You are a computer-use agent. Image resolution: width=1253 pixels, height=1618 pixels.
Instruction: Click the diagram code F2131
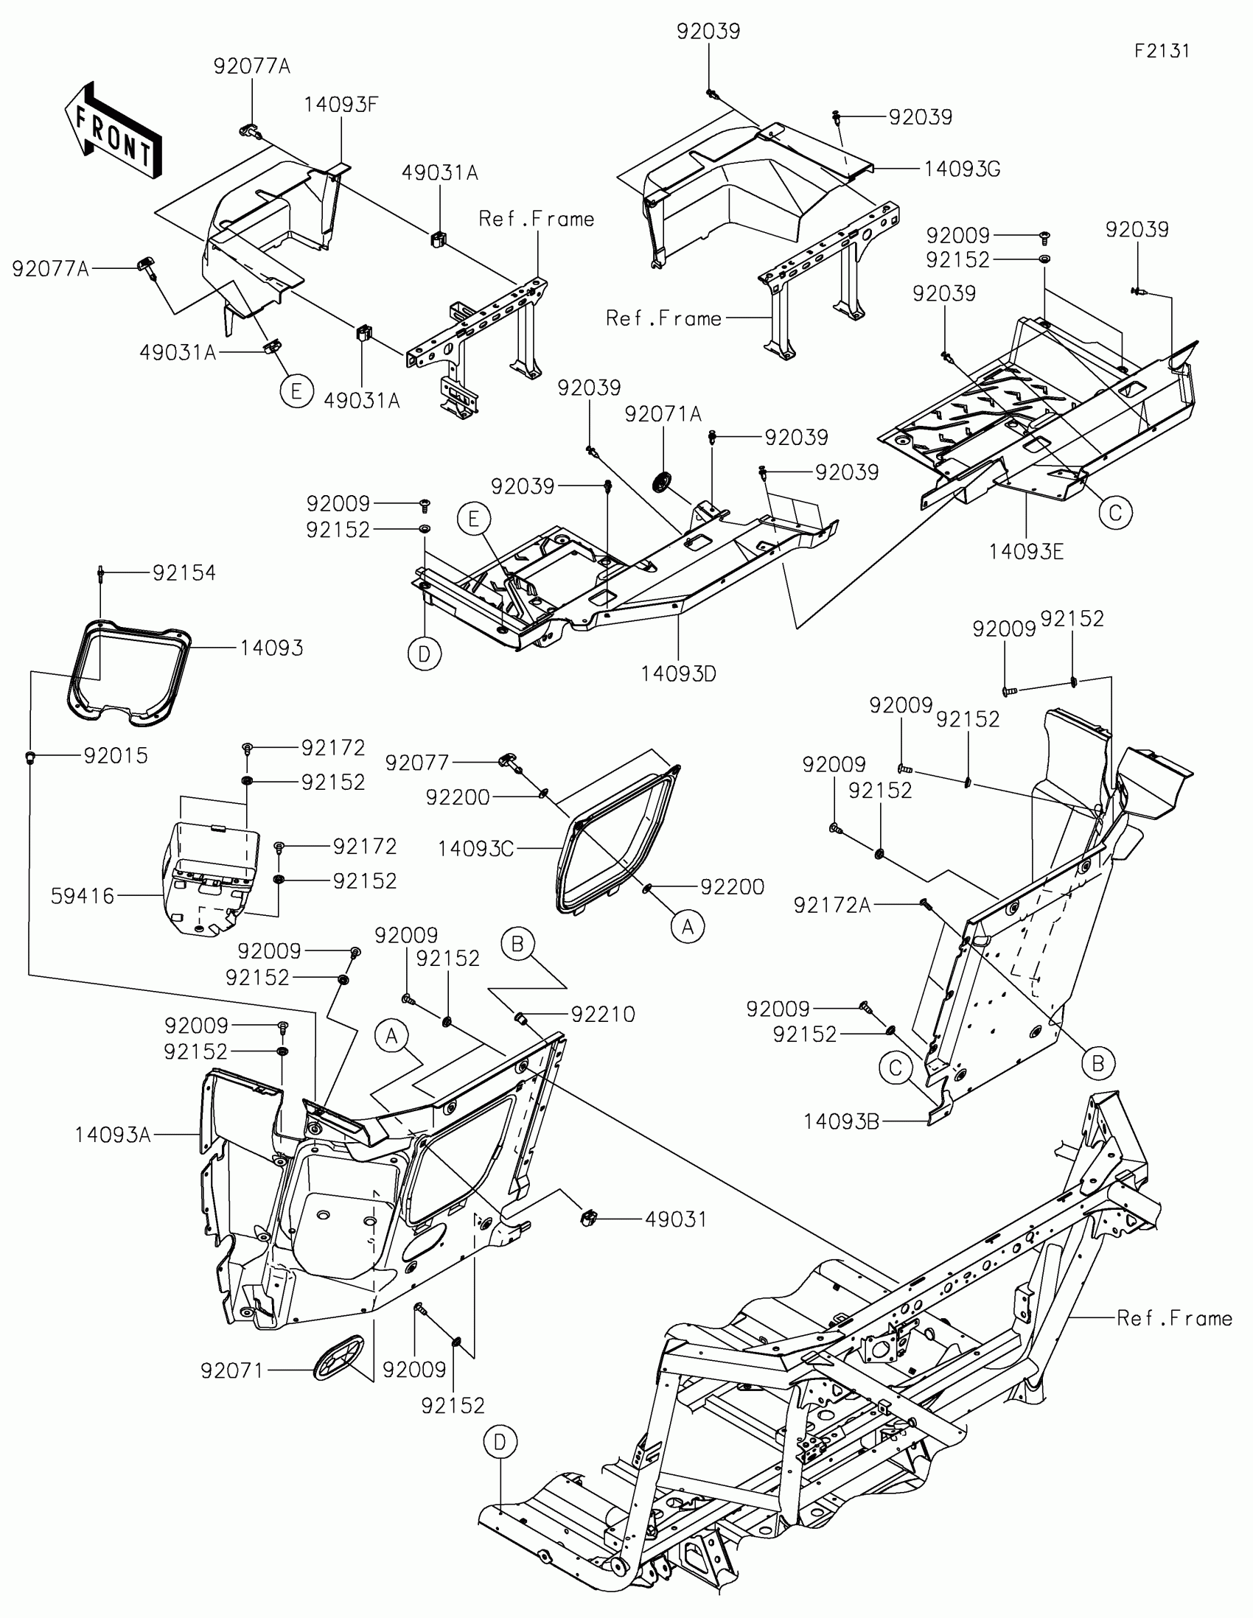point(1162,50)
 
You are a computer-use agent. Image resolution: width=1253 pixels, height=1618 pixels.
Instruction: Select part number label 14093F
point(341,105)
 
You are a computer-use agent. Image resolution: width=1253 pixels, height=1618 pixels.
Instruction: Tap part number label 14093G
point(962,169)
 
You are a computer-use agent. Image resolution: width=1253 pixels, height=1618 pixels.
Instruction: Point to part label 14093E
point(1026,551)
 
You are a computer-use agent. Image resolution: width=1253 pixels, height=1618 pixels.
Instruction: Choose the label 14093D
point(678,673)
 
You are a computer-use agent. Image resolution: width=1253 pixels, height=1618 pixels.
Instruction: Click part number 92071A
point(663,414)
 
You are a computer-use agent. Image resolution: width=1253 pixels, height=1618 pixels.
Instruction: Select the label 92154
point(184,572)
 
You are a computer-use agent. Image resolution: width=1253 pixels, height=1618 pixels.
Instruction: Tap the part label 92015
point(116,756)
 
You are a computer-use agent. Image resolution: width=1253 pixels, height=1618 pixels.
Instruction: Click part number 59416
point(83,897)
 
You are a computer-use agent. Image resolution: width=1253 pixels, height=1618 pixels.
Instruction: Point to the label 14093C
point(475,849)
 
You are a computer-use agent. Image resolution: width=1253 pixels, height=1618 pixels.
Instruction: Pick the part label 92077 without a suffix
point(417,763)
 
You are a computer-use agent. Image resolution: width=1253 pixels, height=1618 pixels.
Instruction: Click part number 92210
point(602,1015)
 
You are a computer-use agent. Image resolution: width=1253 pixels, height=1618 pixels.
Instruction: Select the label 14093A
point(113,1135)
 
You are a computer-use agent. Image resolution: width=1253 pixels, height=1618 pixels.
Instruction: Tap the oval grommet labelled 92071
point(339,1356)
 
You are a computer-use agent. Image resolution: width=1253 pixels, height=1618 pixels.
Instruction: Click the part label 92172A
point(832,906)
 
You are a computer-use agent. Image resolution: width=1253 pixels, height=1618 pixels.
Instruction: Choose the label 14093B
point(841,1122)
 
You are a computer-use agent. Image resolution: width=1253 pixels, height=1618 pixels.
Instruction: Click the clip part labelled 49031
point(588,1218)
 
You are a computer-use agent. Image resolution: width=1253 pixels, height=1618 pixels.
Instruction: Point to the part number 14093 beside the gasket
point(271,648)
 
